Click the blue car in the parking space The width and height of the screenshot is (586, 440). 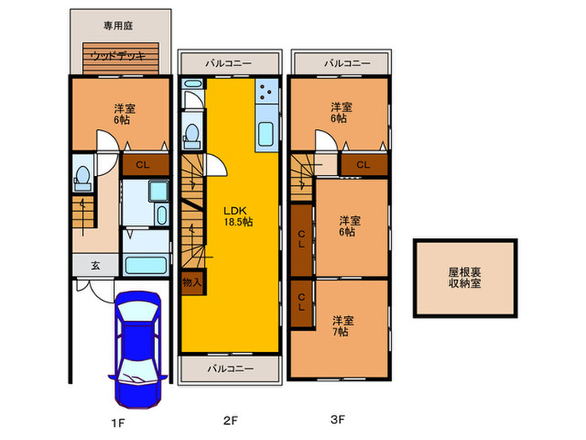138,349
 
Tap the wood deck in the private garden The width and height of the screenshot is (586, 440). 121,58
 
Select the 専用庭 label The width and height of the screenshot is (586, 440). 118,25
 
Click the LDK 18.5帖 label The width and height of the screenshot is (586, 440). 238,216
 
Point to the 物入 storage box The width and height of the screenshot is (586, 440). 192,282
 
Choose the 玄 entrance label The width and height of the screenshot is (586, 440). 95,266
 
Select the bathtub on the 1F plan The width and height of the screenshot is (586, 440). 146,265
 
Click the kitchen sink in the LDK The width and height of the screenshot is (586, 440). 265,134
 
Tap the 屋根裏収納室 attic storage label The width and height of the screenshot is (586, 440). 465,277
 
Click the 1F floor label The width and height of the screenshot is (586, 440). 118,423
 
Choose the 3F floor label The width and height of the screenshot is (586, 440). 338,420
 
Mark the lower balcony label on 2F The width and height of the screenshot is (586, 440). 230,369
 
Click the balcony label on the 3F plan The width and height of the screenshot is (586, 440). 347,63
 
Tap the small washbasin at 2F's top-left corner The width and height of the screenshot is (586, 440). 192,84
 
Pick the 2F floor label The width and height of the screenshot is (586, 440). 230,421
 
